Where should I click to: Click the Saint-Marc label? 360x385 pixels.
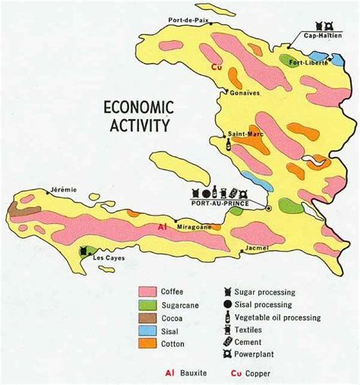click(x=240, y=133)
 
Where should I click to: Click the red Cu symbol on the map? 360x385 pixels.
click(x=221, y=67)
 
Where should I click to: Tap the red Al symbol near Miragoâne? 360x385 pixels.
click(x=161, y=226)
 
